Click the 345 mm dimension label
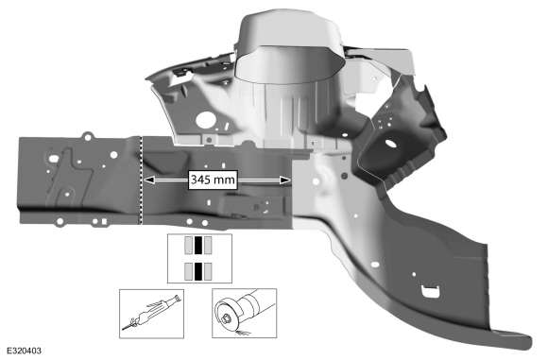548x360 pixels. (x=213, y=180)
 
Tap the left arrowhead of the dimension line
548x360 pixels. (x=149, y=180)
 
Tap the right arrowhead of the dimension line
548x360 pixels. (x=285, y=180)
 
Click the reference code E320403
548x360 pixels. (x=24, y=351)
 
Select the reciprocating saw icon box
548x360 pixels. (x=152, y=314)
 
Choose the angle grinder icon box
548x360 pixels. (x=245, y=313)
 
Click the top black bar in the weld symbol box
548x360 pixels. (x=198, y=245)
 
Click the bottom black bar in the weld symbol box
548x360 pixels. (x=198, y=271)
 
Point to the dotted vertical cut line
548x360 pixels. (x=141, y=180)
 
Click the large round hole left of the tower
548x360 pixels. (x=204, y=120)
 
